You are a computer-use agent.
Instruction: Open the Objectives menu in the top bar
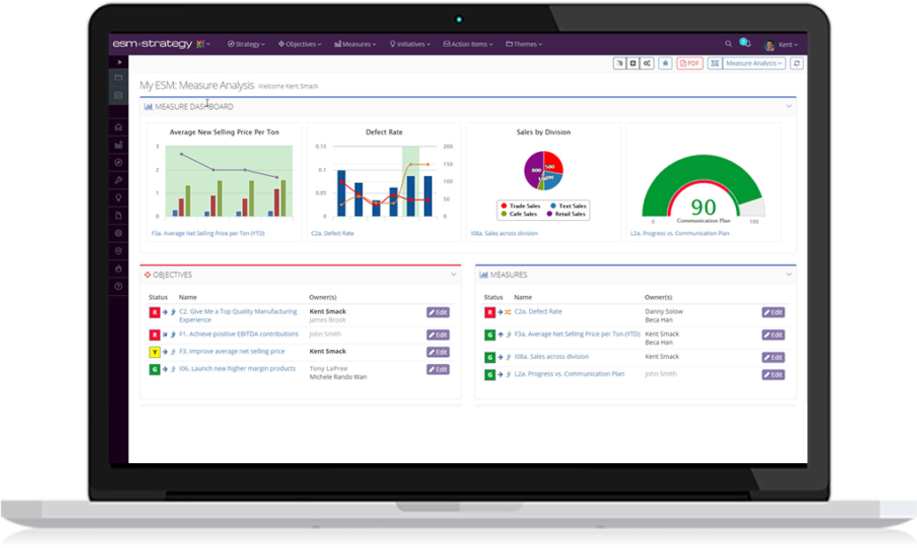point(299,44)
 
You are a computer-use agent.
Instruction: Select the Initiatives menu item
point(410,44)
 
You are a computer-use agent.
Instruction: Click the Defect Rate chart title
point(383,133)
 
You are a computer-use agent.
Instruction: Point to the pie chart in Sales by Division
point(543,171)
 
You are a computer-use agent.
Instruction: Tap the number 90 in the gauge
point(703,207)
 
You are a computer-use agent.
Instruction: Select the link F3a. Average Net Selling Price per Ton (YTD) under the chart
point(208,233)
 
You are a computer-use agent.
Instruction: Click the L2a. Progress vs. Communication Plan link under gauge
point(679,233)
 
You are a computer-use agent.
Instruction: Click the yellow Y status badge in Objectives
point(155,352)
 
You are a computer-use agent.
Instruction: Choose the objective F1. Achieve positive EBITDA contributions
point(239,334)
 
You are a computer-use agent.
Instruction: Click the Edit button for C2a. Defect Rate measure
point(773,312)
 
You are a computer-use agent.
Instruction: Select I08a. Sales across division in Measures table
point(551,356)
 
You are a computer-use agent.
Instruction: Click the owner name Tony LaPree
point(328,368)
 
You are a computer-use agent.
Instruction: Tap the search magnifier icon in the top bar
point(729,43)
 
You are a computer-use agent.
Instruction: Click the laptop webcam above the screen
point(459,19)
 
